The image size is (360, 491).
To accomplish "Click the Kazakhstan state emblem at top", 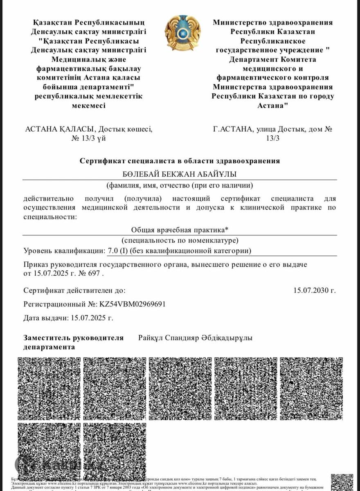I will [183, 33].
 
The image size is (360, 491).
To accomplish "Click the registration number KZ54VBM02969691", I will [133, 304].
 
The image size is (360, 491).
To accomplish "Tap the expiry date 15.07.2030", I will [314, 291].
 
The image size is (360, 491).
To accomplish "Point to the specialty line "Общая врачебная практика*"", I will [180, 230].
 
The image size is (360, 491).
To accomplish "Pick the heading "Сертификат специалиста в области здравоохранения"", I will [180, 161].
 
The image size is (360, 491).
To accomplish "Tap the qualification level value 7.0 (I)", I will [117, 250].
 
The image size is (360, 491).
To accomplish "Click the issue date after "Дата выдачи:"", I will [92, 318].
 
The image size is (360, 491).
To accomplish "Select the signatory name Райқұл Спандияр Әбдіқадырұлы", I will [195, 338].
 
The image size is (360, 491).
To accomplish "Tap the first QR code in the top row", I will [49, 388].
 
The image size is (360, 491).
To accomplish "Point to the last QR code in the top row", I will [311, 388].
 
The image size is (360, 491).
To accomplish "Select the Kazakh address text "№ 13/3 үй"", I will [89, 138].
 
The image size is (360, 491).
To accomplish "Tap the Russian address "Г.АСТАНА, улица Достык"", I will [259, 129].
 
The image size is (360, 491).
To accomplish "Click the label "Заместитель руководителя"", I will [74, 338].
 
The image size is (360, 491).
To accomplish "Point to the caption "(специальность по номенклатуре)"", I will [180, 240].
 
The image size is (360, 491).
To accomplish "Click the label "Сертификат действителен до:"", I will [74, 291].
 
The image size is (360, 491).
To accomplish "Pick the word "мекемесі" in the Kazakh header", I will [89, 105].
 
